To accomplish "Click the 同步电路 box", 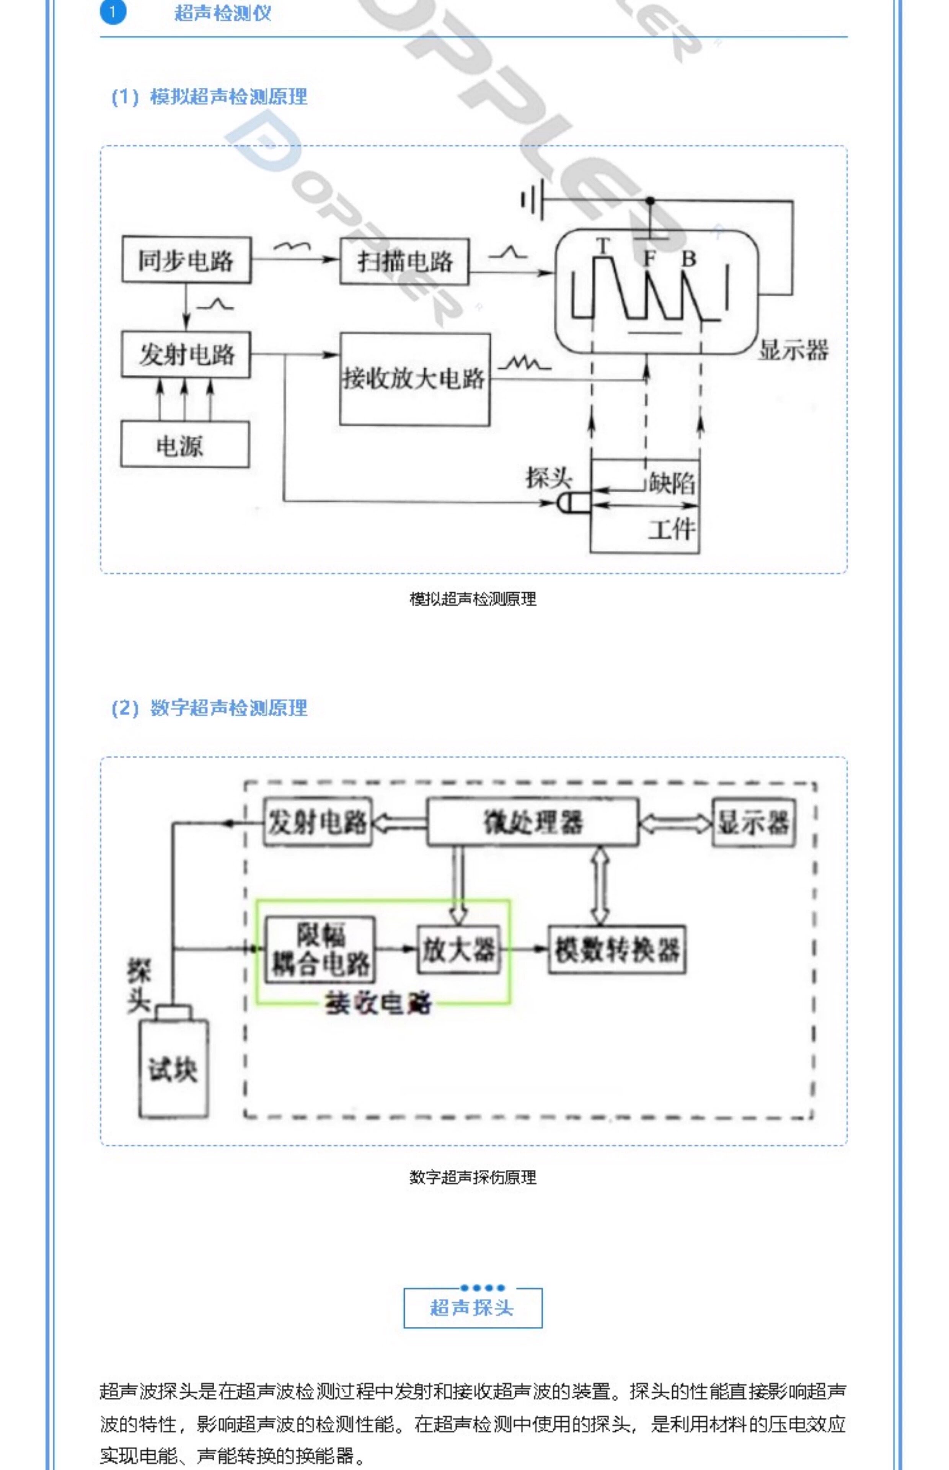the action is click(x=186, y=260).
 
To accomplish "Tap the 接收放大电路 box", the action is click(x=415, y=379).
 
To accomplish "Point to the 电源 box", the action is click(x=185, y=444).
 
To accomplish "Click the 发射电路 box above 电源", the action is click(x=186, y=354).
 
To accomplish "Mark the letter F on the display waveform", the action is click(x=649, y=258).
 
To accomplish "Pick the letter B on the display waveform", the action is click(x=688, y=258).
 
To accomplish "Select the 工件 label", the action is click(x=672, y=529).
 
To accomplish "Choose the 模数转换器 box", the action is click(x=617, y=950).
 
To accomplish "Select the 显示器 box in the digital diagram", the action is click(x=753, y=823).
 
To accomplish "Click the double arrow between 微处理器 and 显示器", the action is click(x=675, y=823).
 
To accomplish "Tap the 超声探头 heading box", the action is click(x=473, y=1307).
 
